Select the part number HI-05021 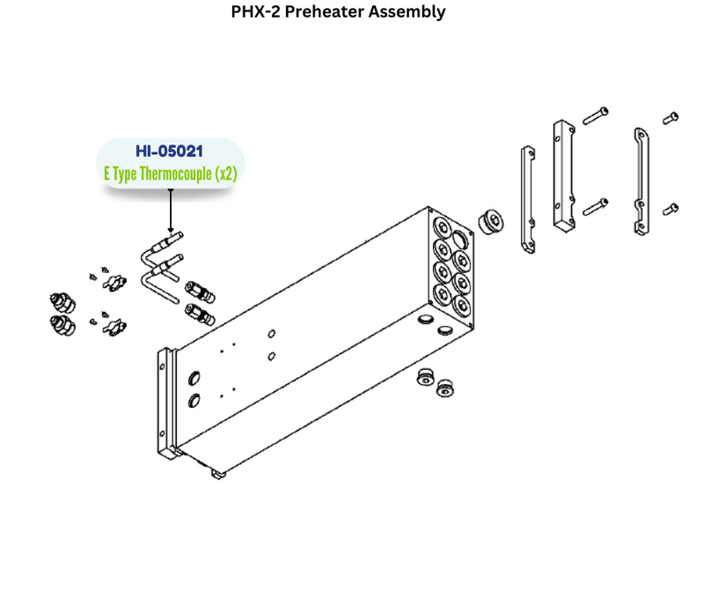(x=169, y=151)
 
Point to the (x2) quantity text (x=226, y=174)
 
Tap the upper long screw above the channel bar (x=596, y=115)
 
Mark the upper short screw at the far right (x=671, y=116)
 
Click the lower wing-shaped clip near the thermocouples (x=114, y=328)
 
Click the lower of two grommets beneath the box (x=448, y=388)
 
